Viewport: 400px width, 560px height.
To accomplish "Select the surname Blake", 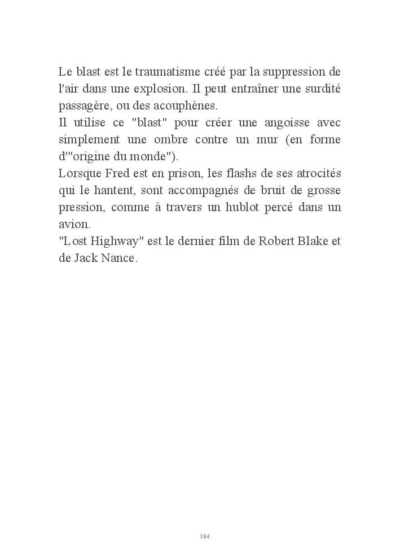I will tap(313, 240).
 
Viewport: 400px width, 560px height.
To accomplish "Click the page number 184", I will tap(205, 536).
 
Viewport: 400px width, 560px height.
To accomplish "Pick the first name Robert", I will tap(276, 240).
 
